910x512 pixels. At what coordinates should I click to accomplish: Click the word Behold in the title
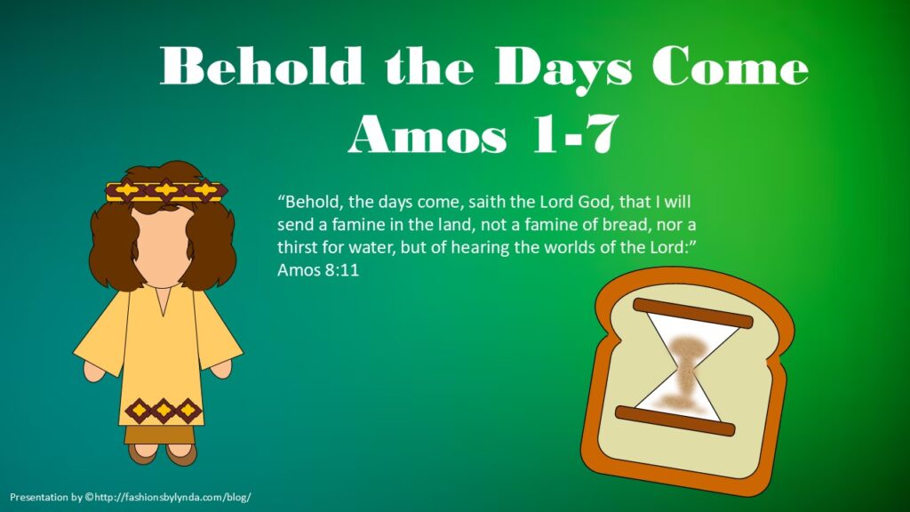262,66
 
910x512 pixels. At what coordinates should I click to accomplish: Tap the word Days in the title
563,69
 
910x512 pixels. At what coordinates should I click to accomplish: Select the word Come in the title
730,66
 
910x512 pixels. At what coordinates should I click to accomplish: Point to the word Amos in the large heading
427,134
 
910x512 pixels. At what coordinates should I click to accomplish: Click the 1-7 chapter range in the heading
575,134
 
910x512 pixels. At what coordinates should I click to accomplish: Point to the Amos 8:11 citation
318,270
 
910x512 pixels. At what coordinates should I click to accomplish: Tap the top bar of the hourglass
692,313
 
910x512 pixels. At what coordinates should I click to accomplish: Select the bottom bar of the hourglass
675,420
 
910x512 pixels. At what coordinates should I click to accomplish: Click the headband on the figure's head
166,191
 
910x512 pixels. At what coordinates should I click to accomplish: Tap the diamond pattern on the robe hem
164,411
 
